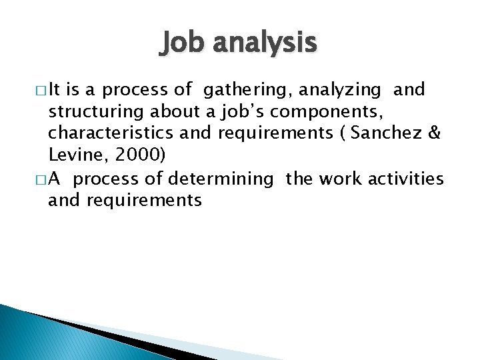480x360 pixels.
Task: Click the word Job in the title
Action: (x=179, y=44)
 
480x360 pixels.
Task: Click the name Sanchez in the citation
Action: (x=387, y=133)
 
